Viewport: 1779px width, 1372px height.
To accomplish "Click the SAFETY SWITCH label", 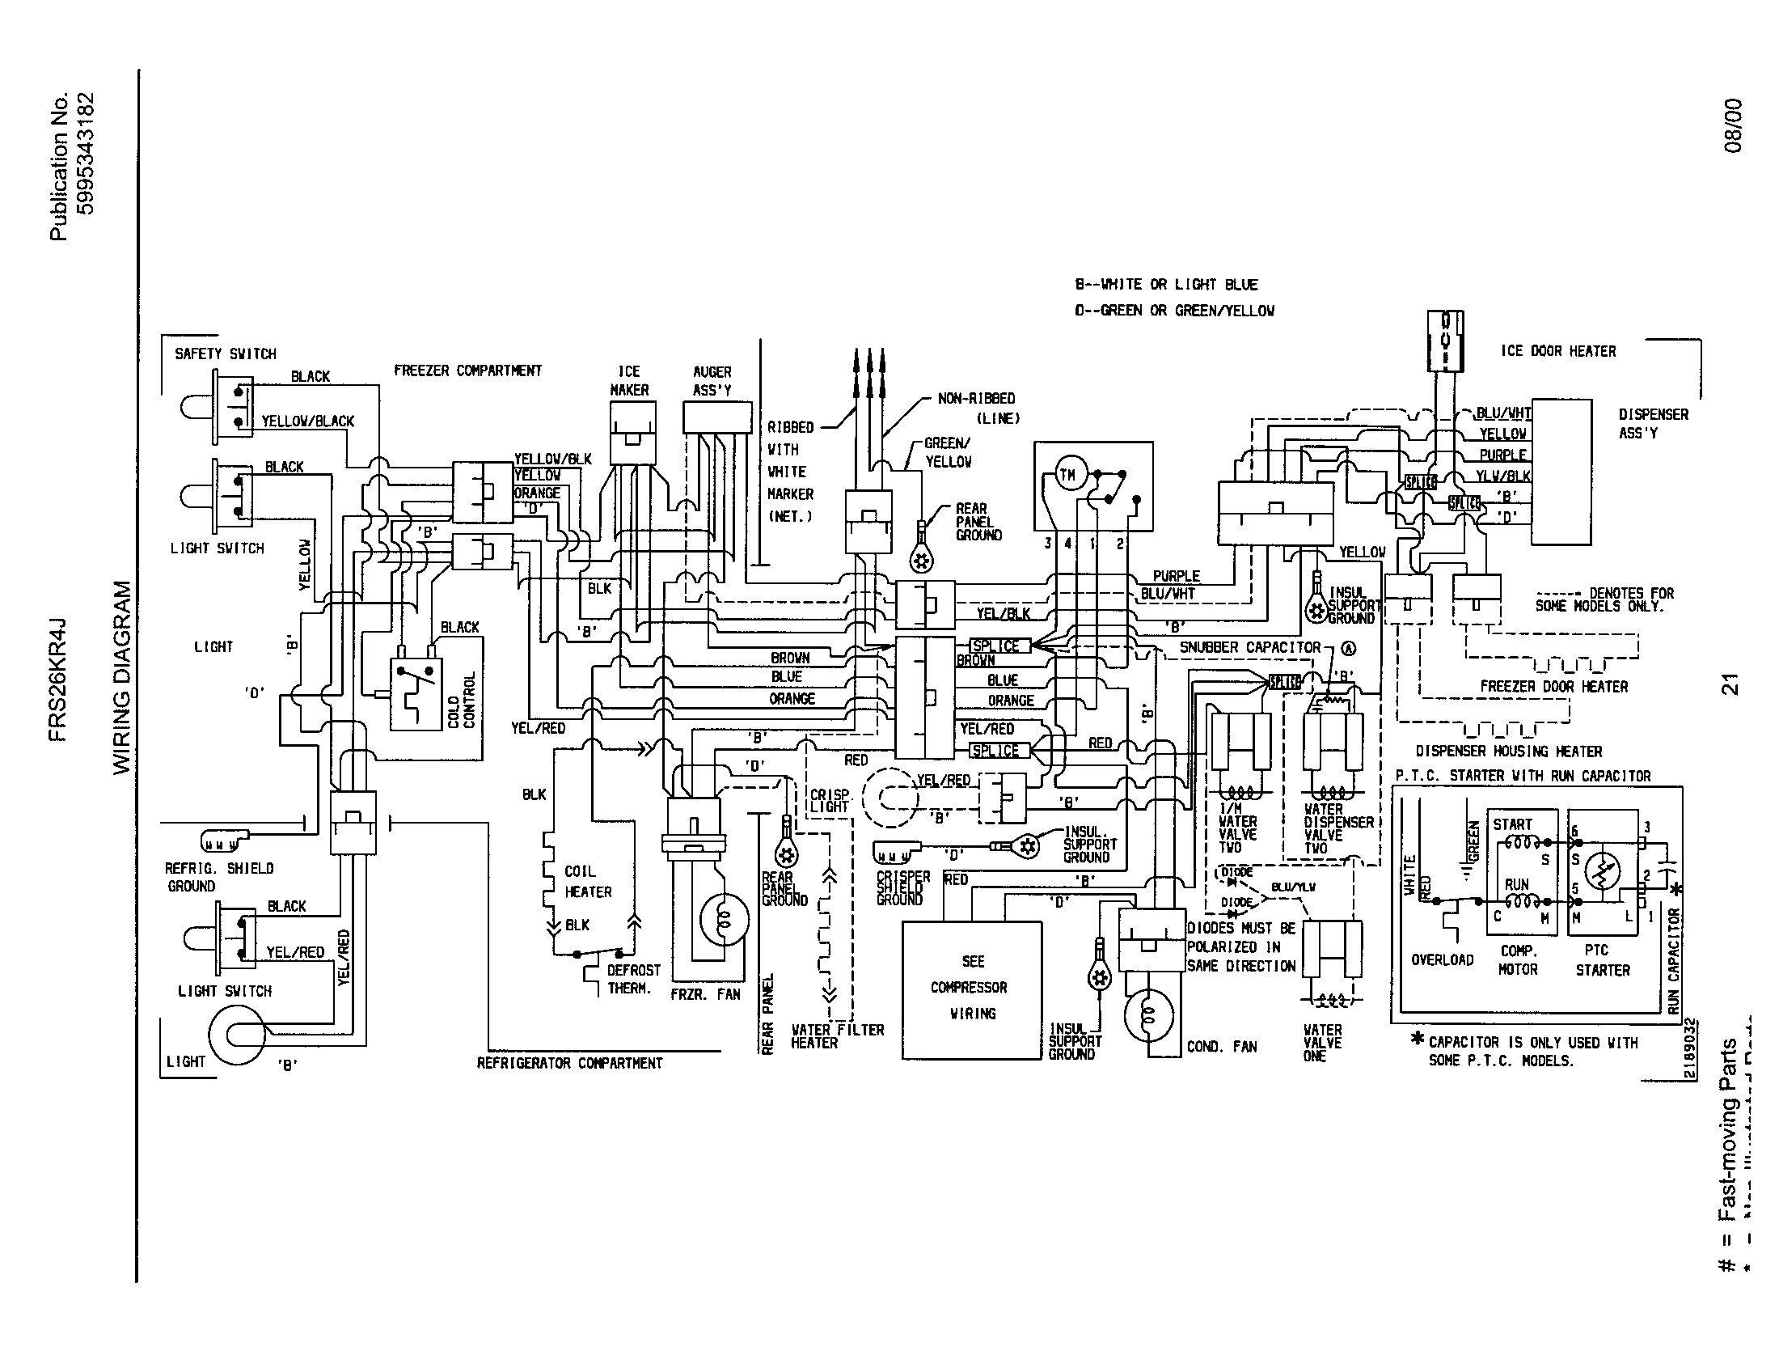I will tap(225, 354).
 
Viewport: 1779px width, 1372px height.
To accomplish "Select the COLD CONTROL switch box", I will tap(416, 693).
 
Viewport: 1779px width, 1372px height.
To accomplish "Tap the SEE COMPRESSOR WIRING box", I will tap(972, 989).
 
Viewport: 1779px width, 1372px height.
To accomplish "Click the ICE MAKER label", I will tap(629, 380).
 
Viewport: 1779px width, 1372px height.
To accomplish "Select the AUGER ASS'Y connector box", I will tap(716, 417).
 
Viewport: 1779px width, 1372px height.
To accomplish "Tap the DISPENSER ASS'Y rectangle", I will tap(1561, 472).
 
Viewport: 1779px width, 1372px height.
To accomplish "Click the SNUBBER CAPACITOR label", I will tap(1249, 648).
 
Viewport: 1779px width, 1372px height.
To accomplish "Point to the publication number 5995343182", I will tap(86, 154).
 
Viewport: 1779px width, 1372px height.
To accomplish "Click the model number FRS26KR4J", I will tap(59, 680).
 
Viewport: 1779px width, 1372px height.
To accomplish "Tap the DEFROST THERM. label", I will tap(633, 980).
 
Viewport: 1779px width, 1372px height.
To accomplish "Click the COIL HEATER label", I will tap(587, 882).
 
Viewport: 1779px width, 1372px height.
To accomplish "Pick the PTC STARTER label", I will tap(1601, 960).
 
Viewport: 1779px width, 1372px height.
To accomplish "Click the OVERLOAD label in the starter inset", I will tap(1442, 959).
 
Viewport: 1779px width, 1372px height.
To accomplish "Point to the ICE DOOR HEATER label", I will tap(1557, 351).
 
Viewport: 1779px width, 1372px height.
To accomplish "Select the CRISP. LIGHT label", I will tap(829, 801).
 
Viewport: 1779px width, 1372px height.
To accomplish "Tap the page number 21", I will tap(1730, 684).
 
